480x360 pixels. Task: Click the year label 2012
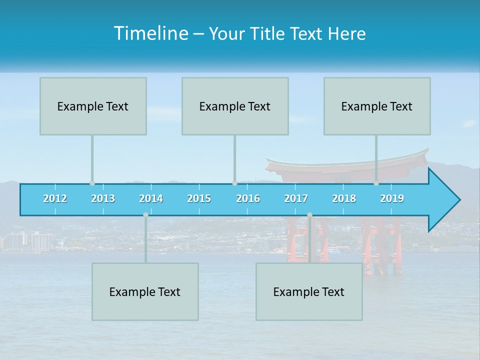click(55, 198)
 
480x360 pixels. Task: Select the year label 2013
click(103, 198)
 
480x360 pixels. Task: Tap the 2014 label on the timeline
click(151, 198)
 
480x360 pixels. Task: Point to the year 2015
click(199, 198)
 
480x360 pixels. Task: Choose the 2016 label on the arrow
click(248, 198)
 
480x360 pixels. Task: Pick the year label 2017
click(296, 198)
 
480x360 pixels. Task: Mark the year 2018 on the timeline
click(344, 198)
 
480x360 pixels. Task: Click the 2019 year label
click(392, 198)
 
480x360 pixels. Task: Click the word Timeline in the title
click(150, 33)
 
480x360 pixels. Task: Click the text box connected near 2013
click(93, 106)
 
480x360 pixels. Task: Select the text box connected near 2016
click(235, 106)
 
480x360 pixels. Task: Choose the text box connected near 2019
click(377, 106)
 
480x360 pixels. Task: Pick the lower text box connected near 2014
click(145, 291)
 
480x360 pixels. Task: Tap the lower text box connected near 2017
click(309, 291)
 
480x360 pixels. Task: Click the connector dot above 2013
click(92, 183)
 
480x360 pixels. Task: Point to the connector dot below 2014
click(145, 215)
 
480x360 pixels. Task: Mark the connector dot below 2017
click(309, 215)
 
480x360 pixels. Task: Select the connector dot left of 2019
click(376, 183)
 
